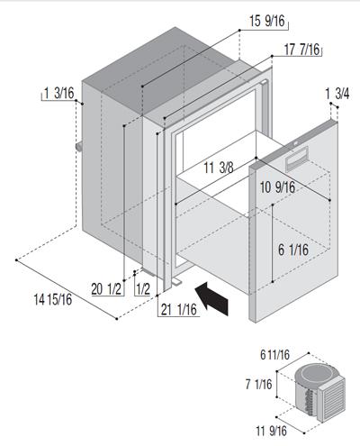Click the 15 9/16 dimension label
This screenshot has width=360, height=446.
[266, 21]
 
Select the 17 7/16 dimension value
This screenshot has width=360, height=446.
[301, 50]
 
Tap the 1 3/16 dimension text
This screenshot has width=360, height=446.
[59, 93]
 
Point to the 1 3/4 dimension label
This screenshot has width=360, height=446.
[337, 94]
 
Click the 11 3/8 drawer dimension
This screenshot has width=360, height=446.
[219, 168]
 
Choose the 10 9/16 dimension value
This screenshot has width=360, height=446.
[277, 187]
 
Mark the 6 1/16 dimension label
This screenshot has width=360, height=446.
[293, 250]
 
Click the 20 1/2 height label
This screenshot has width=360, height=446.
[106, 289]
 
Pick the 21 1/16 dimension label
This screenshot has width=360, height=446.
[179, 310]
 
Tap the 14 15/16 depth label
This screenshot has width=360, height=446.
[53, 299]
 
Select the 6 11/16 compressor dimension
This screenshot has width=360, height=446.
[274, 355]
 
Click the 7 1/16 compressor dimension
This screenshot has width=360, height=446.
[258, 385]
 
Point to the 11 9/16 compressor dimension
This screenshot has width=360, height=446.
[271, 431]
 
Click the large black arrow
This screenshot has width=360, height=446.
[212, 298]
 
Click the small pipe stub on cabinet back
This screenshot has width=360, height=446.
[79, 147]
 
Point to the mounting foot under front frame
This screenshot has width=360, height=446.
[176, 282]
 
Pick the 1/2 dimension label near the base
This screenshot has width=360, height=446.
[143, 289]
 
